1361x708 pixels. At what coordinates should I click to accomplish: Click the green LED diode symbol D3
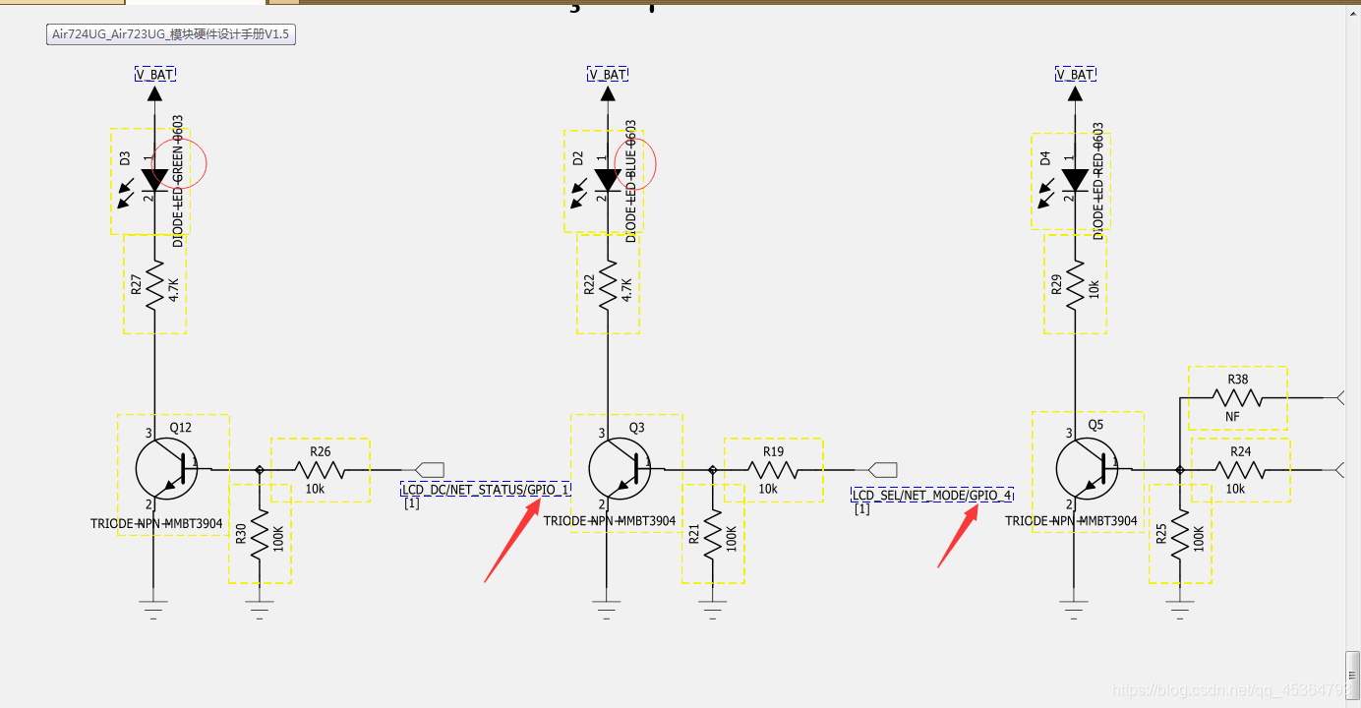(154, 179)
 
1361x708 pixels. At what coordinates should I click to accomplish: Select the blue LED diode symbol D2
(608, 179)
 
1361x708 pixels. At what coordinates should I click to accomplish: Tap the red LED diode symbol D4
(1075, 179)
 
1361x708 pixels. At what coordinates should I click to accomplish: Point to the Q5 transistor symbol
(1086, 469)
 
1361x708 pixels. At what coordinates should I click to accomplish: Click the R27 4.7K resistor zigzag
(154, 285)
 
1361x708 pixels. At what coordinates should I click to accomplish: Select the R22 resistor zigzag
(608, 285)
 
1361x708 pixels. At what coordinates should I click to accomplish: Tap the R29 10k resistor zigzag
(1075, 285)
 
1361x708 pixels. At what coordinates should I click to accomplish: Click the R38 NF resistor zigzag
(1237, 398)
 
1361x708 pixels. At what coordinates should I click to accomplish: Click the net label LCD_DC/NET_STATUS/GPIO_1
(486, 490)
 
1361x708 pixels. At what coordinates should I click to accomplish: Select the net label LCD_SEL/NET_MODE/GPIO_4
(931, 495)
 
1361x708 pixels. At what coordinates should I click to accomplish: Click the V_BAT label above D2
(608, 75)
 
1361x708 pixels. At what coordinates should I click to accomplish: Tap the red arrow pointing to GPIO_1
(511, 540)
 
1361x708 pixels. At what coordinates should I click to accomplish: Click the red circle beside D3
(184, 163)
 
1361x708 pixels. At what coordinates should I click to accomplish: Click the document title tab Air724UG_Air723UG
(172, 34)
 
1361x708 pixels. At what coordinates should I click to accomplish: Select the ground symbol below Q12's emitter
(154, 604)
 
